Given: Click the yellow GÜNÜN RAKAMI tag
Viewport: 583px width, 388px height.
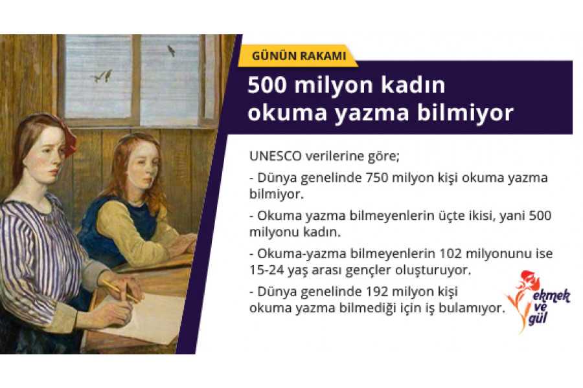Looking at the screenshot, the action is pos(298,56).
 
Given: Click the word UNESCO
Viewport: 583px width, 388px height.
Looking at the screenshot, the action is pos(275,156).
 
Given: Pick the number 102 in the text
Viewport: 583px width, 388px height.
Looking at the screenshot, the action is pos(450,253).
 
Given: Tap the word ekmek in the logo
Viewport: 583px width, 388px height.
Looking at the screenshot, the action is pos(551,296).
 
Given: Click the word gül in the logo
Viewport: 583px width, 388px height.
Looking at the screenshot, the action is pos(537,319).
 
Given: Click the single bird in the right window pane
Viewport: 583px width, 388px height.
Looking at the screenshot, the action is pos(171,50).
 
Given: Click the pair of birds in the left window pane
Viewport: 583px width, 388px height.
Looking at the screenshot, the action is pos(102,76).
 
